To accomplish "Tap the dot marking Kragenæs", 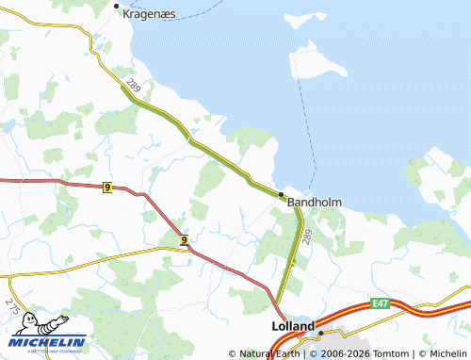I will (117, 7).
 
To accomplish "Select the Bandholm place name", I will (314, 202).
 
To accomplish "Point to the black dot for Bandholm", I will (281, 195).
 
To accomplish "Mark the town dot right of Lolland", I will (320, 334).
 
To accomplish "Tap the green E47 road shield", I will (381, 303).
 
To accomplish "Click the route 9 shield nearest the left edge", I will (107, 188).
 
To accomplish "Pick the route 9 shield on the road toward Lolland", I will (185, 239).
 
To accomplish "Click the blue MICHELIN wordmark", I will (49, 342).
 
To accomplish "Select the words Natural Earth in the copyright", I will (269, 353).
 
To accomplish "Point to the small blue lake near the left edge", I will (9, 124).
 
